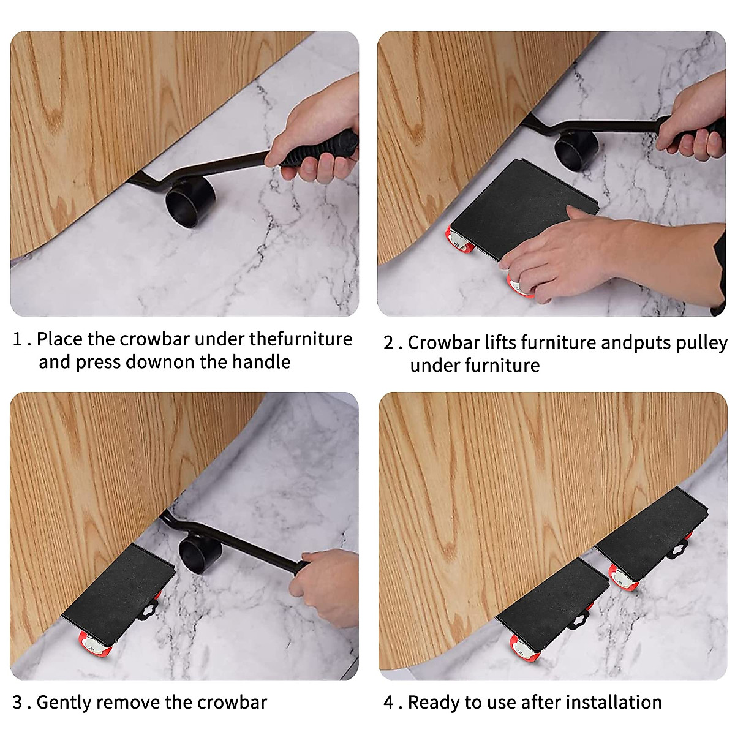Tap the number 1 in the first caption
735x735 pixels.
[18, 339]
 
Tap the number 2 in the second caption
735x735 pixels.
[388, 342]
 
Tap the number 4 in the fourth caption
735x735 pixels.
[389, 702]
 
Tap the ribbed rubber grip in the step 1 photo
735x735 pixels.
[318, 148]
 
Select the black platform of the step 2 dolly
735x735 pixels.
[524, 209]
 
